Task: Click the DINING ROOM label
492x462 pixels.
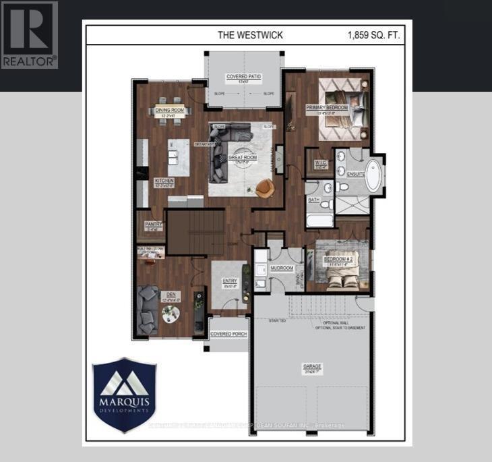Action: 170,111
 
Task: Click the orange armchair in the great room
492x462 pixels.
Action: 264,189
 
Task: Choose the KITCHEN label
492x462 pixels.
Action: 165,181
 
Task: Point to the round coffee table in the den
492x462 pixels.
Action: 171,313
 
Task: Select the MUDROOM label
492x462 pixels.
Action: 282,268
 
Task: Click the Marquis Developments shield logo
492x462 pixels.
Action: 124,395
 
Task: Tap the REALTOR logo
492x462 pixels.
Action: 30,35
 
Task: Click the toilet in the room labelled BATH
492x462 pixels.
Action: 325,204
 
